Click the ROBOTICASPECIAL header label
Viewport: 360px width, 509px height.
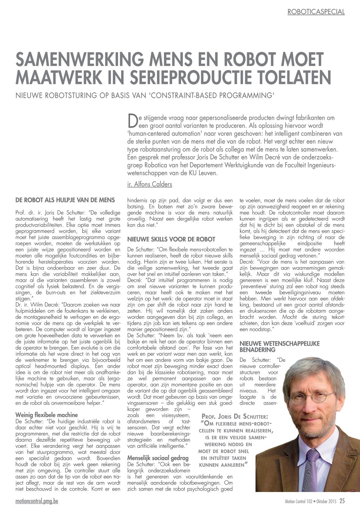pyautogui.click(x=316, y=12)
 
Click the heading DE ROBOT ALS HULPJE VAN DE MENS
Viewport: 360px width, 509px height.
pyautogui.click(x=65, y=200)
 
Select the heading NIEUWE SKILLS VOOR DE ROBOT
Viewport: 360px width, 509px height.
pyautogui.click(x=171, y=239)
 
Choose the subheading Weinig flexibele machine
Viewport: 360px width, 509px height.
pyautogui.click(x=47, y=415)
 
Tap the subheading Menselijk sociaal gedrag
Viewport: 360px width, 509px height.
pyautogui.click(x=158, y=458)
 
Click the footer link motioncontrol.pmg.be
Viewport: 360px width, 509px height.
pyautogui.click(x=37, y=501)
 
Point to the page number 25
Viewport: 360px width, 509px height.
pyautogui.click(x=342, y=501)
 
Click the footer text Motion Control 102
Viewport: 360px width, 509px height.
pyautogui.click(x=298, y=502)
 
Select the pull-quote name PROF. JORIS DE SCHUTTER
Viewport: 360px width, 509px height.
pyautogui.click(x=234, y=416)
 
